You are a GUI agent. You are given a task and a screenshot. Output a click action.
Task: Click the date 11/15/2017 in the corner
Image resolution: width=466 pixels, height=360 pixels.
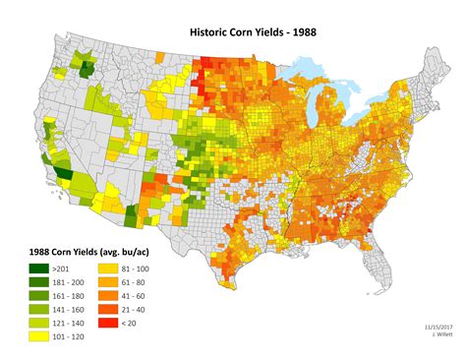coord(427,325)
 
